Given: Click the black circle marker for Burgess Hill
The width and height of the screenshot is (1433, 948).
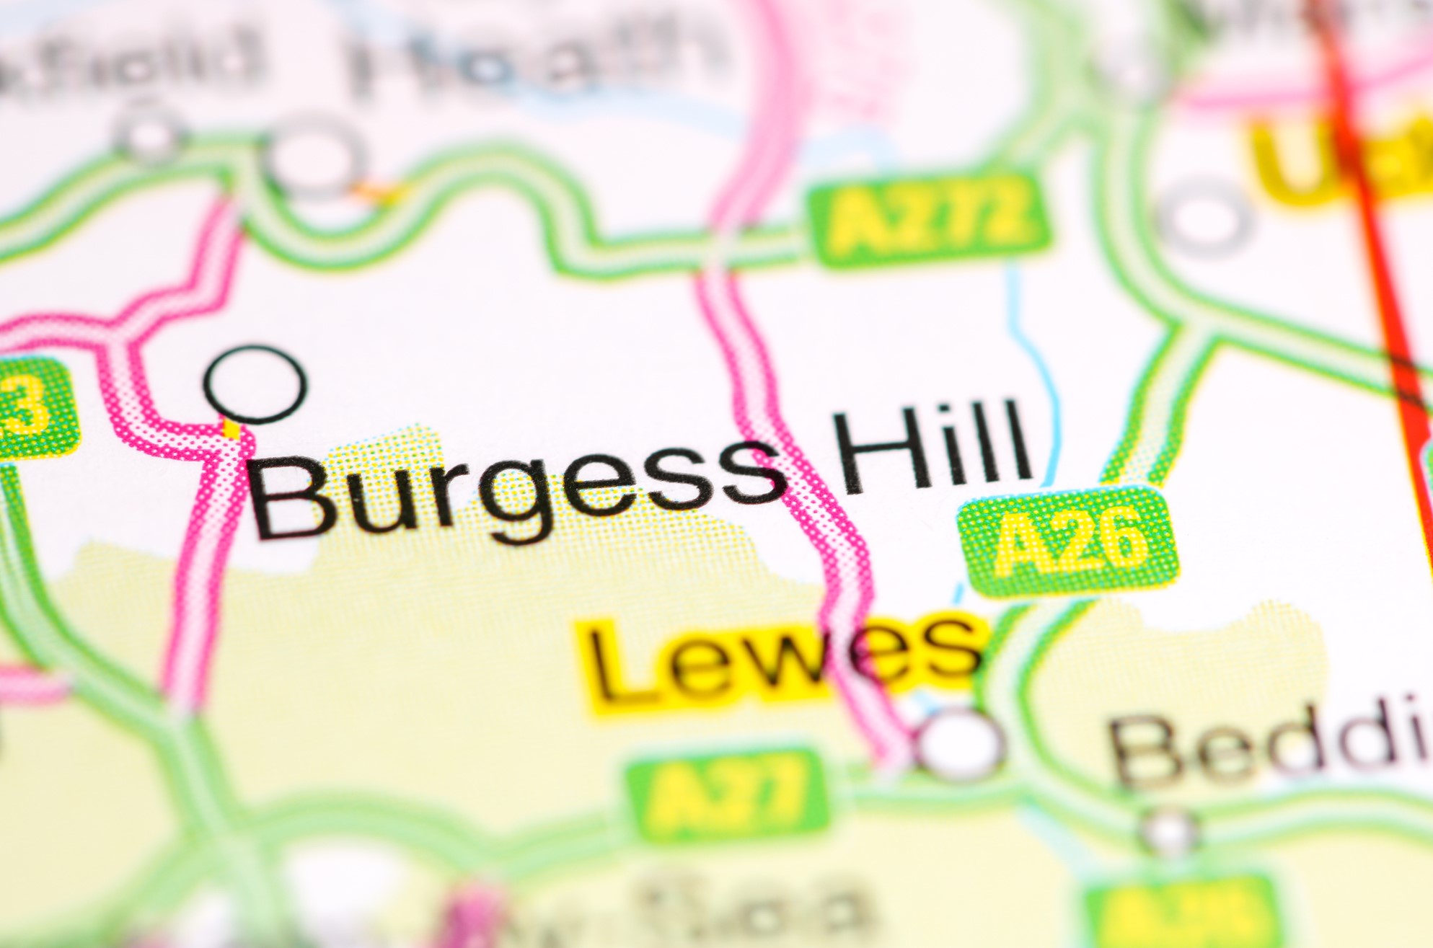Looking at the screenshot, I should (x=255, y=384).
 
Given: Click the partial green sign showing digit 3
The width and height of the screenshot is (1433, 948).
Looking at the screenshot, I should (x=32, y=407).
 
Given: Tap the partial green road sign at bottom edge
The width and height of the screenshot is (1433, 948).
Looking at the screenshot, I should (x=1183, y=919).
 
